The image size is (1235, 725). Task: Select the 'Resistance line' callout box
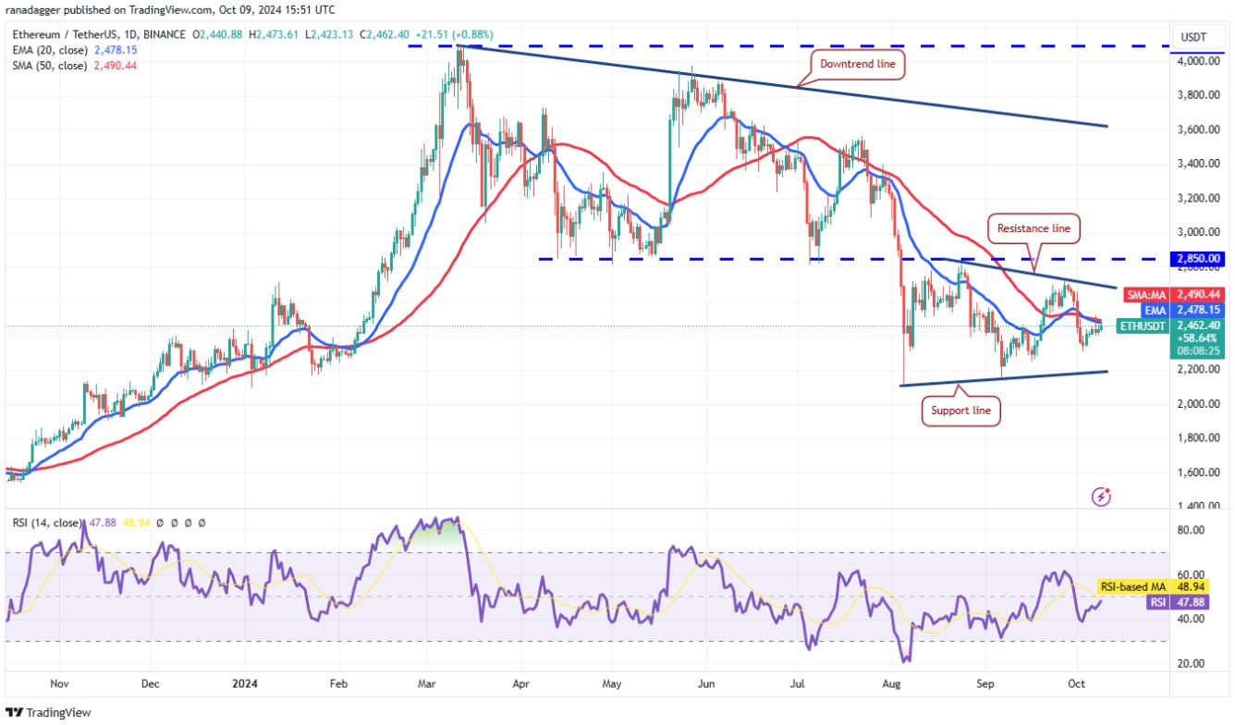tap(1033, 227)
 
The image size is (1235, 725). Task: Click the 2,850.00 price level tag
tap(1197, 259)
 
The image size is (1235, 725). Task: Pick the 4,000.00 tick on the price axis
tap(1195, 61)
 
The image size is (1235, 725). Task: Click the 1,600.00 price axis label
tap(1195, 472)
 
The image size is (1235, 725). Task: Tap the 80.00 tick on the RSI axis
tap(1195, 530)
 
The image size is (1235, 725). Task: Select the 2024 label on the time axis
tap(246, 685)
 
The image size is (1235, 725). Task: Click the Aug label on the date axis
tap(892, 685)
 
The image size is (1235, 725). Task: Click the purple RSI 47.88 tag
tap(1157, 602)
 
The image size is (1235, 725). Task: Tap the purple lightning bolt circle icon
tap(1101, 497)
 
